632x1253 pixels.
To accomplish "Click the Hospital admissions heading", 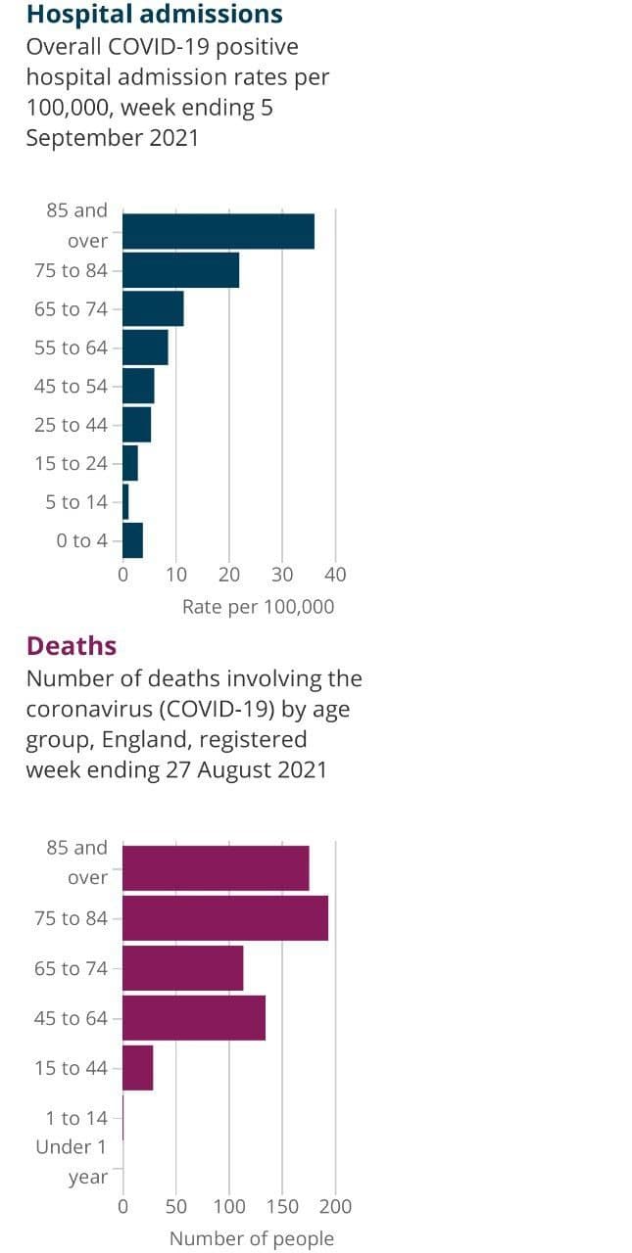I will pos(154,15).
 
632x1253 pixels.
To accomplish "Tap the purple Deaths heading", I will pos(72,646).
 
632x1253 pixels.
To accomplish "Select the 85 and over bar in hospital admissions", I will pos(218,230).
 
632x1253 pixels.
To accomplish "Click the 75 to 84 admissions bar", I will pos(180,270).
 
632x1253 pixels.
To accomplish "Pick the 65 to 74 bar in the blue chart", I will pos(153,308).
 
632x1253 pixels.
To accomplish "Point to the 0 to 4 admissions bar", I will pos(132,540).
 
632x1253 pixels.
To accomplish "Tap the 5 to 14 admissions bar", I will pos(125,502).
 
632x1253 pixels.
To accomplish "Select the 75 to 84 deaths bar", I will pos(224,918).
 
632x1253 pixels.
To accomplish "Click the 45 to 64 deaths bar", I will pos(193,1018).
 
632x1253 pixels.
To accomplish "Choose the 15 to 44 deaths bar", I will pos(137,1068).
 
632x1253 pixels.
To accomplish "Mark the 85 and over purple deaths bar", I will pos(215,868).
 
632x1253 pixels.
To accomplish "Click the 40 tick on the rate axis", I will pos(335,575).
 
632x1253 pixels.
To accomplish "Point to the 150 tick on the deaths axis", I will pos(283,1206).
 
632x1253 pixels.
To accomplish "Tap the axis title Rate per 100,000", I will pos(258,607).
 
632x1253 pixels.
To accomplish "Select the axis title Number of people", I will pos(252,1238).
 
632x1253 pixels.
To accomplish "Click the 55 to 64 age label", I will pos(71,348).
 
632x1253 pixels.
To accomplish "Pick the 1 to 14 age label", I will pos(76,1118).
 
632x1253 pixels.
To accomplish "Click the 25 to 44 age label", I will pos(71,425).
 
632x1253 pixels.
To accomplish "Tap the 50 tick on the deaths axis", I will pos(176,1206).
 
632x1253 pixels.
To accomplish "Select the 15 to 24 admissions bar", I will pos(129,463).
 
